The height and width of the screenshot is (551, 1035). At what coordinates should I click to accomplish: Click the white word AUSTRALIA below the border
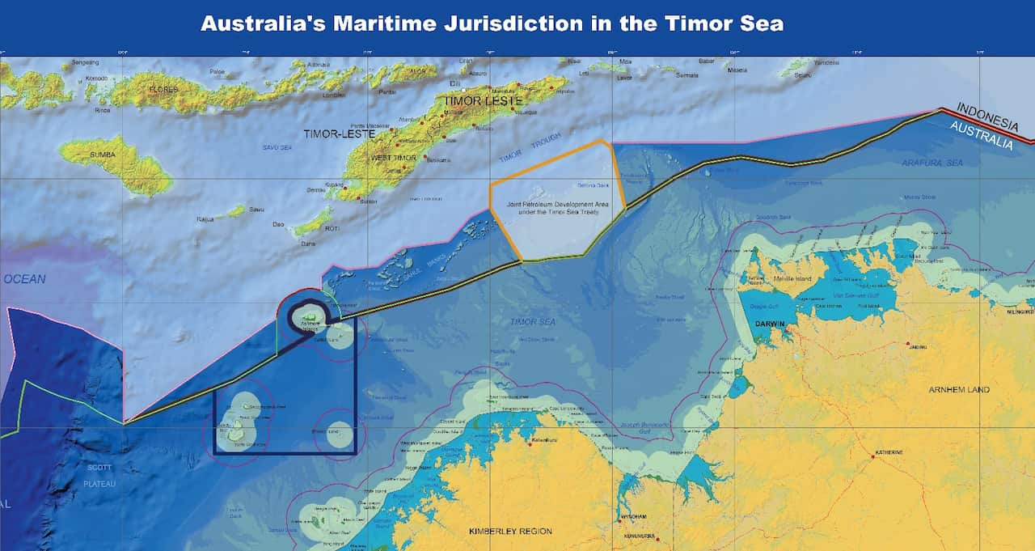tap(980, 137)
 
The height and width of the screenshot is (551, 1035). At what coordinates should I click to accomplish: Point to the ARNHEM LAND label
tap(960, 389)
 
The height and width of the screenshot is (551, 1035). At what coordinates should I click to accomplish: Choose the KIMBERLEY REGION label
tap(510, 532)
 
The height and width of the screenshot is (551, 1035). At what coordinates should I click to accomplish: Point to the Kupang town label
tap(332, 184)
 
